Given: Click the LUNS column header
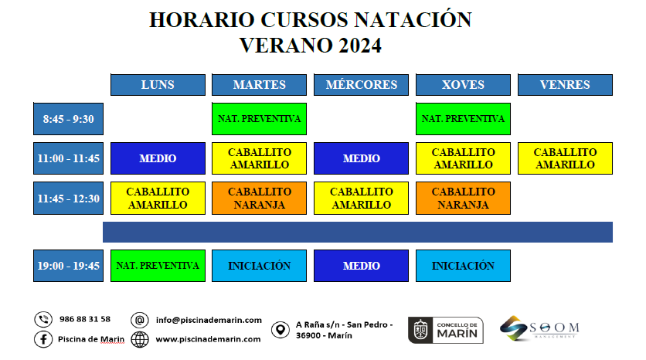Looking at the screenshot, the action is click(158, 85).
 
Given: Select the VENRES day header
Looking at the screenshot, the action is click(565, 85).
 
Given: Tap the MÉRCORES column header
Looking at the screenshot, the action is click(362, 85).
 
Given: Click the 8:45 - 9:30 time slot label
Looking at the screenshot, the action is click(69, 119).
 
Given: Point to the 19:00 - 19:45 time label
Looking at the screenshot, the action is click(69, 266).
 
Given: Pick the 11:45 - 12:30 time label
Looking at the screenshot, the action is click(69, 198).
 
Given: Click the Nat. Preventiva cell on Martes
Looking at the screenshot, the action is click(259, 119).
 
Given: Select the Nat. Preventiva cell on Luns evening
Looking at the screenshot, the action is click(158, 266).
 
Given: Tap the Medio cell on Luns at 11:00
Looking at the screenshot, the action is click(158, 158).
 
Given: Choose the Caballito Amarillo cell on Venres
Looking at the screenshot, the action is click(565, 158).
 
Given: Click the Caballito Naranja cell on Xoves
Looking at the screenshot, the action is click(463, 198).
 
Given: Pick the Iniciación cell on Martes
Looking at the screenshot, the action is click(259, 266).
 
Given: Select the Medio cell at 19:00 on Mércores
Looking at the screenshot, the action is click(362, 266).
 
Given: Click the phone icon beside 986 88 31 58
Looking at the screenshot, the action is click(43, 319).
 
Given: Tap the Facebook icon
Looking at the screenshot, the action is click(43, 339).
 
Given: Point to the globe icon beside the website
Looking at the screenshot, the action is click(140, 339).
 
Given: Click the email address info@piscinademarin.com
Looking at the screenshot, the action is click(209, 320).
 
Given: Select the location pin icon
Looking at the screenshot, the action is click(280, 330).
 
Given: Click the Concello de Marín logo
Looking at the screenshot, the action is click(446, 330).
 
